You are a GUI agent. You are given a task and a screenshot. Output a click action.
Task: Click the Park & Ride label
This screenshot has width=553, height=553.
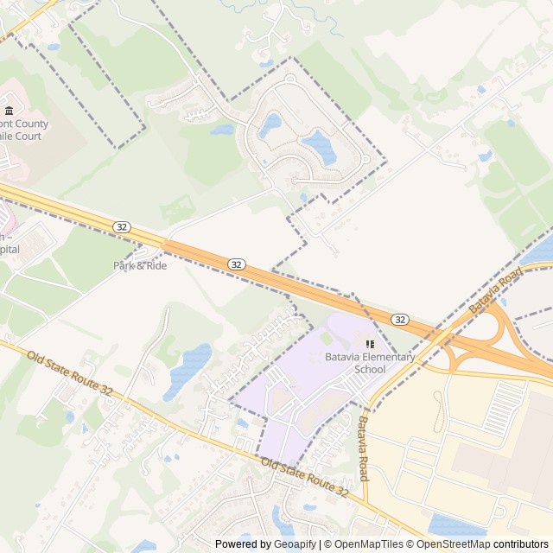pyautogui.click(x=140, y=265)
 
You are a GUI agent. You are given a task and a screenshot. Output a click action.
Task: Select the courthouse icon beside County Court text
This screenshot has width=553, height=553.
pyautogui.click(x=10, y=111)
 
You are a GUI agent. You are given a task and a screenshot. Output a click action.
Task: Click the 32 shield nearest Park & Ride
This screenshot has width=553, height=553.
pyautogui.click(x=122, y=226)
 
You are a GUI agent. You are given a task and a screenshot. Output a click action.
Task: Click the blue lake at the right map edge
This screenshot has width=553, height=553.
pyautogui.click(x=539, y=253)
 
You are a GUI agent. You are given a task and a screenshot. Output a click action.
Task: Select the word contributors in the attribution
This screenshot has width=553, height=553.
pyautogui.click(x=521, y=544)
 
